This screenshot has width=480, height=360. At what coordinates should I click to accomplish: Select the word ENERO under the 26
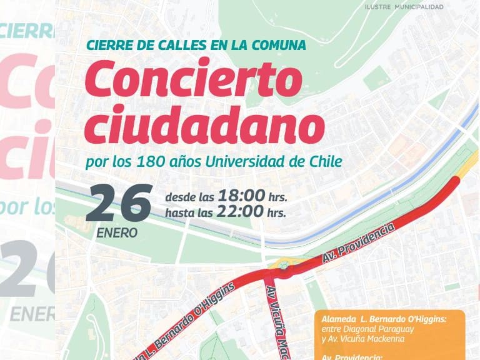[x=117, y=234]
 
